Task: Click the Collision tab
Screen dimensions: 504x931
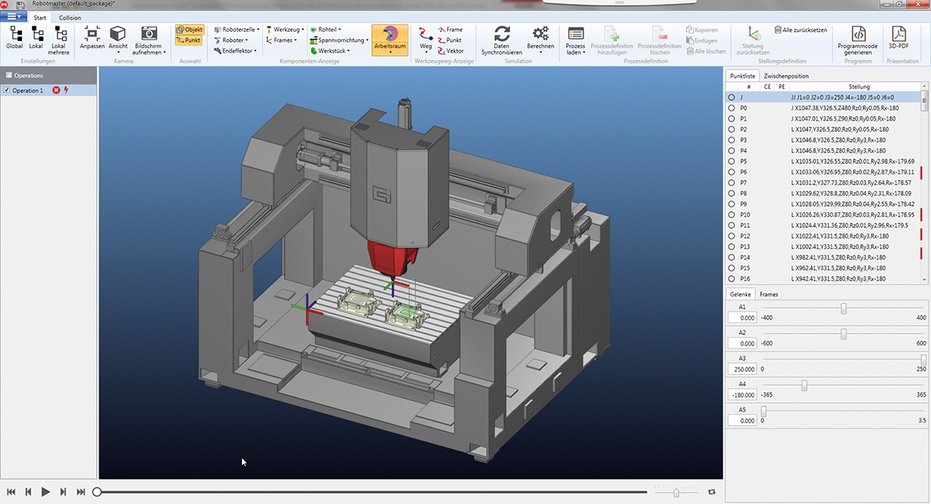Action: [70, 17]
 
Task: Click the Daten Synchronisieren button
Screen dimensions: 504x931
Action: [501, 39]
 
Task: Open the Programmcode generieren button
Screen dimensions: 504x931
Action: [858, 39]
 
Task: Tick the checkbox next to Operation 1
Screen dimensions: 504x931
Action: [7, 91]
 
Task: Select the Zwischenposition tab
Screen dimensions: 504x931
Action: [786, 76]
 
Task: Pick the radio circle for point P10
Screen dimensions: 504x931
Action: [732, 215]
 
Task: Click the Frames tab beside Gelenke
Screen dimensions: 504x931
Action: [769, 293]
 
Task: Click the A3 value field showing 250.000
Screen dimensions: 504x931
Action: [742, 368]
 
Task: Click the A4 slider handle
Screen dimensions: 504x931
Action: [804, 385]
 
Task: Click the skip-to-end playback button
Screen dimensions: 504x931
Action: [80, 491]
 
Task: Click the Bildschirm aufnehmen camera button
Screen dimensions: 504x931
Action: [149, 39]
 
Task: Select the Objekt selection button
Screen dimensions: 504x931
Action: [189, 29]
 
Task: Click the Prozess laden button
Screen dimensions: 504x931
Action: [575, 39]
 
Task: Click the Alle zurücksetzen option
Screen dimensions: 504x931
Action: [801, 30]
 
